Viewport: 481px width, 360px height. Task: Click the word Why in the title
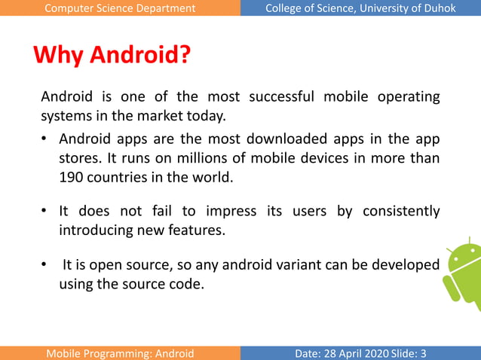coord(58,56)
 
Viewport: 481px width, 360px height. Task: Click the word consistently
coord(401,211)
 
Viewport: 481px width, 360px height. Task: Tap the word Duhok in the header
coord(440,8)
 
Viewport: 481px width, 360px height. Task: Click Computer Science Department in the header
coord(120,8)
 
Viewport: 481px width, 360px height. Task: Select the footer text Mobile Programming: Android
coord(120,353)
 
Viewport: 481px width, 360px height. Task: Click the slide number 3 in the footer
coord(424,353)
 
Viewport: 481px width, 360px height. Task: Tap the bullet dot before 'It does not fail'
coord(45,211)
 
